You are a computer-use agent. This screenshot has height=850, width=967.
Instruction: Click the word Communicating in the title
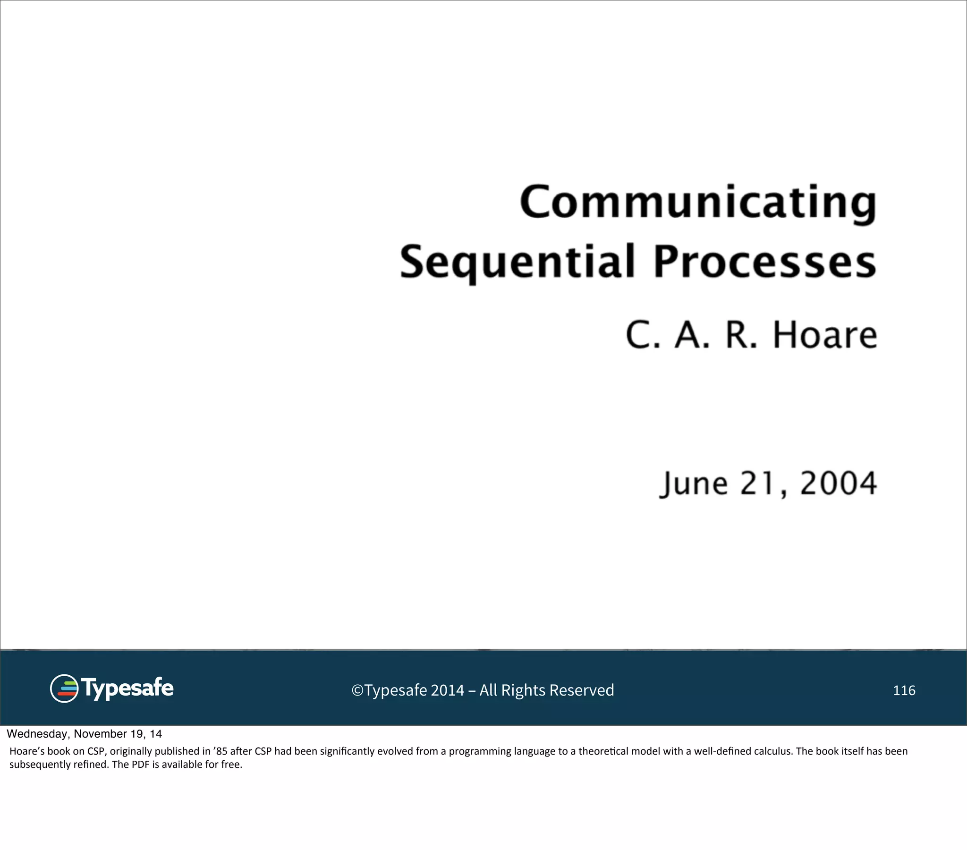pyautogui.click(x=698, y=203)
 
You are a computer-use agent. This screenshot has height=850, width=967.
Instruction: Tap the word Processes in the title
pyautogui.click(x=764, y=261)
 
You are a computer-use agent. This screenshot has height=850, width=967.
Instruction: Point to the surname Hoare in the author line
pyautogui.click(x=824, y=335)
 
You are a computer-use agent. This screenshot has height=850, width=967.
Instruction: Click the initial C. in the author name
pyautogui.click(x=643, y=335)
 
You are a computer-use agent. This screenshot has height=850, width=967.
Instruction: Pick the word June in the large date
pyautogui.click(x=694, y=484)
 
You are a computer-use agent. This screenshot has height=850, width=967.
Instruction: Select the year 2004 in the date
pyautogui.click(x=838, y=484)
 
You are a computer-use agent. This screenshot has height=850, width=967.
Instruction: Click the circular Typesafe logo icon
pyautogui.click(x=64, y=688)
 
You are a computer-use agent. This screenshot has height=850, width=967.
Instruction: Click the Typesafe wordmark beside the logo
pyautogui.click(x=127, y=688)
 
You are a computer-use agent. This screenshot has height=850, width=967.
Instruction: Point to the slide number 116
pyautogui.click(x=904, y=690)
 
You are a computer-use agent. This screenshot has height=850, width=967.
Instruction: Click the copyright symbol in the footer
pyautogui.click(x=357, y=690)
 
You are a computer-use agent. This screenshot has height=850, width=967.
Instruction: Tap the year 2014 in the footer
pyautogui.click(x=447, y=690)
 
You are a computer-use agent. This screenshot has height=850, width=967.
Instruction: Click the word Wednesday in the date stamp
pyautogui.click(x=37, y=734)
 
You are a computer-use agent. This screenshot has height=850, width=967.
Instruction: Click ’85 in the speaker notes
pyautogui.click(x=221, y=751)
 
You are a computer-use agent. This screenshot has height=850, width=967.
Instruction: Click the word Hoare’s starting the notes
pyautogui.click(x=27, y=751)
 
